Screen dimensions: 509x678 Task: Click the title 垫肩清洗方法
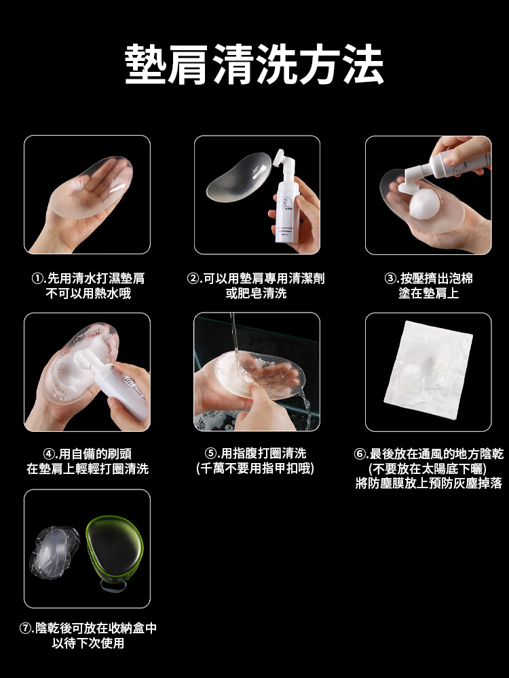coord(254,64)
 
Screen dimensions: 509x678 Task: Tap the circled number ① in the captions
coord(37,279)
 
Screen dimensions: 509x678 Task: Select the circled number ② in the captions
coord(192,279)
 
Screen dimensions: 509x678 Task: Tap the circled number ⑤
coord(210,454)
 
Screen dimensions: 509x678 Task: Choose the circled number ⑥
coord(360,454)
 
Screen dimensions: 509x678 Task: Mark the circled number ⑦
coord(25,629)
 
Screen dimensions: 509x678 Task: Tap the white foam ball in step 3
coord(425,203)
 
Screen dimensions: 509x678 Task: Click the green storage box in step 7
coord(115,551)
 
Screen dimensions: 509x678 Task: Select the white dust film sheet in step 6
coord(428,370)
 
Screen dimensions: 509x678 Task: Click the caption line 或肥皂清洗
coord(257,293)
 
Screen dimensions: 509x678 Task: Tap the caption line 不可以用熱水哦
coord(88,293)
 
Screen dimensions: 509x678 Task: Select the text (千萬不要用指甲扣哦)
coord(255,468)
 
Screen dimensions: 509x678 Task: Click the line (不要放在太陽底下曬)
coord(428,468)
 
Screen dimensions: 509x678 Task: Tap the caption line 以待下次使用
coord(88,643)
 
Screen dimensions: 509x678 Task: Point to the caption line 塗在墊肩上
coord(428,293)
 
